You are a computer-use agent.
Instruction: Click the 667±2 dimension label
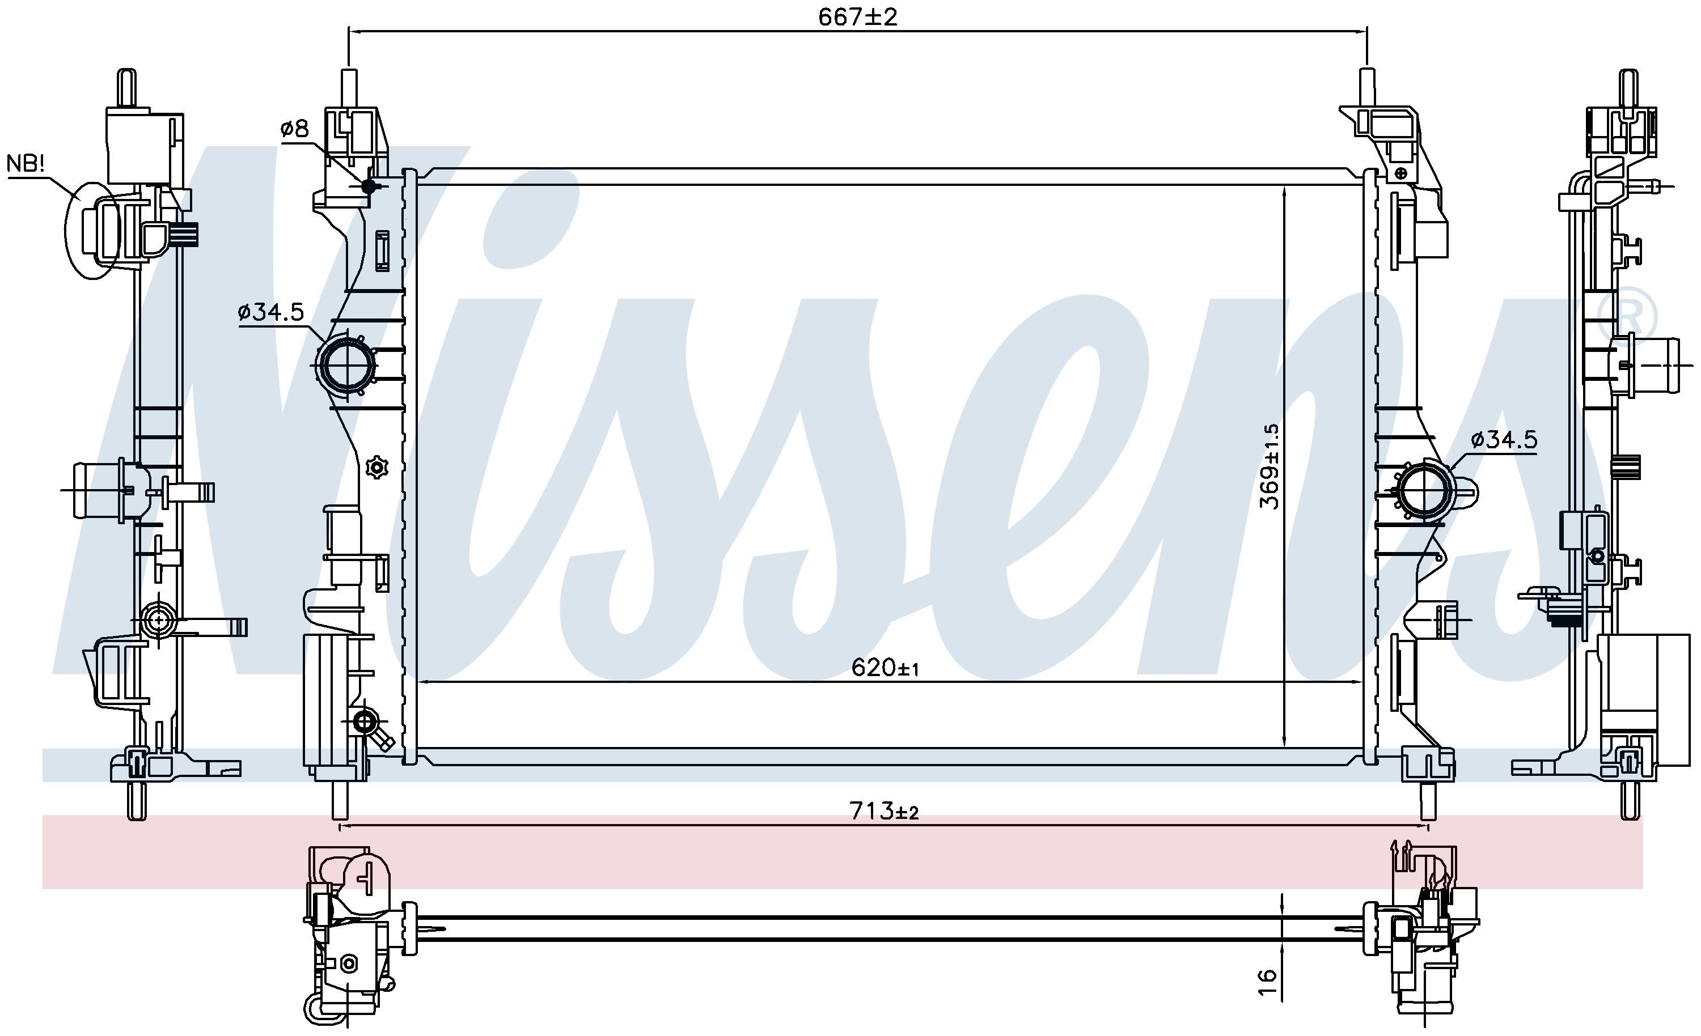[857, 16]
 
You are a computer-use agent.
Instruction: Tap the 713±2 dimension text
[885, 812]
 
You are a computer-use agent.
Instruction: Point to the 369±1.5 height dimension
[1269, 466]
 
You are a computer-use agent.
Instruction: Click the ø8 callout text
[295, 129]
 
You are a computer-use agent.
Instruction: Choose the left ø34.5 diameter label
[270, 313]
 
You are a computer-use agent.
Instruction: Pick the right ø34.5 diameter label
[1504, 440]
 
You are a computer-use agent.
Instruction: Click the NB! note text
[26, 164]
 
